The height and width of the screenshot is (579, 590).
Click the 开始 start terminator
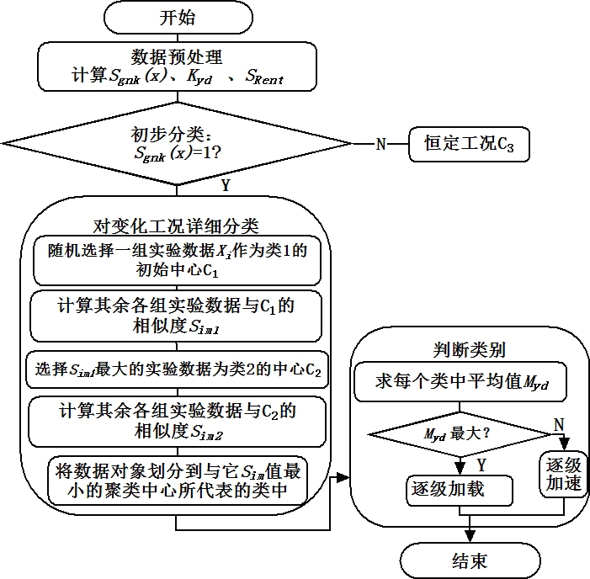[x=178, y=18]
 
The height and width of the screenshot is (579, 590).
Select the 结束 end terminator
[x=470, y=561]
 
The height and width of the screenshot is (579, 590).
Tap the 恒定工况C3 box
[x=469, y=144]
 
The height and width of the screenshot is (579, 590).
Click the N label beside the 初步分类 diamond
[x=380, y=144]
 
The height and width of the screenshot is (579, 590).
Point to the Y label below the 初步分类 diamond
[x=226, y=185]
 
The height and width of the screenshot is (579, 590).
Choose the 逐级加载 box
[x=460, y=490]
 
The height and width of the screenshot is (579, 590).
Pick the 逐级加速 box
[x=563, y=475]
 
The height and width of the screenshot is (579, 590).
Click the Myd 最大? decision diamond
[x=460, y=434]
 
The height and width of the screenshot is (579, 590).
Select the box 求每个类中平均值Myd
[x=460, y=382]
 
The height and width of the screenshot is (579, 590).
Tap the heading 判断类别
[x=469, y=350]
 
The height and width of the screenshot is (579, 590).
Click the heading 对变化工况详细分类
[x=176, y=226]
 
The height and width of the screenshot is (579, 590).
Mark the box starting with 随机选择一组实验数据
[x=178, y=260]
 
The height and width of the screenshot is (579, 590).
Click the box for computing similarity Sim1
[x=176, y=316]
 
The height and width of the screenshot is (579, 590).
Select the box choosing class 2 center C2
[x=178, y=369]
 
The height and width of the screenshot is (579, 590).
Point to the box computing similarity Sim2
[x=178, y=422]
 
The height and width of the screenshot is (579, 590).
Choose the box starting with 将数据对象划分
[x=178, y=481]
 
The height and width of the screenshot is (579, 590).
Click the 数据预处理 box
[x=178, y=66]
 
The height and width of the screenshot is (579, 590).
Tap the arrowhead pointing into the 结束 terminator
[x=470, y=537]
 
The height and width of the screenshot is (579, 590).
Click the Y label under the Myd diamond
[x=481, y=465]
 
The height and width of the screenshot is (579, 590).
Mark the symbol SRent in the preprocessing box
[x=264, y=77]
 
